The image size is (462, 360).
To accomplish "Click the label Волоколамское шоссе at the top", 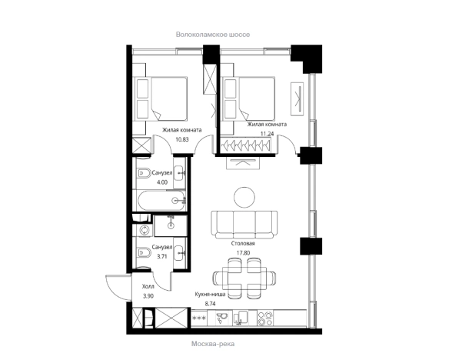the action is tap(213, 35).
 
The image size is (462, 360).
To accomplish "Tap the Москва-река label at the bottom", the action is tap(213, 344).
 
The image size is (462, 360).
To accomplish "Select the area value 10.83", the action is tap(181, 139).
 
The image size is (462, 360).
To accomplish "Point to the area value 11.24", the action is tap(267, 134).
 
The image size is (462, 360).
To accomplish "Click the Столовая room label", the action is tap(243, 244).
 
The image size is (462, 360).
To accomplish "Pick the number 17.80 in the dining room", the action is tap(243, 252).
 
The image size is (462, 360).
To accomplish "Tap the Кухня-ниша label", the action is tap(210, 295).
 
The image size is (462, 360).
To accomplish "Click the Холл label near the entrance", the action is tap(148, 286).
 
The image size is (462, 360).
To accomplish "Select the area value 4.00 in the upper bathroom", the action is tap(162, 182).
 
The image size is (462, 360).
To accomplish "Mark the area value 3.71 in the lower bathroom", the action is tap(162, 256).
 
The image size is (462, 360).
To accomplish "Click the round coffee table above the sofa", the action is tap(244, 197).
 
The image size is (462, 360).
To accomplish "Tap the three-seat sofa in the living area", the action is tap(244, 225).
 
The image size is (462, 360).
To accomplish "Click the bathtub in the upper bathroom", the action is tap(161, 201).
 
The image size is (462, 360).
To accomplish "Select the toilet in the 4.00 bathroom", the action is tap(144, 173).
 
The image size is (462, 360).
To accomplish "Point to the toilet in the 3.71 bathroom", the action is tap(144, 252).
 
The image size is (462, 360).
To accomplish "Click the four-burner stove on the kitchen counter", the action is tap(265, 318).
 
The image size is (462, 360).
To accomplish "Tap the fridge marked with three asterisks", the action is tap(199, 318).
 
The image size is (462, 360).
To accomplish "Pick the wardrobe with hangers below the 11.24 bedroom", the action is tap(246, 145).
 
